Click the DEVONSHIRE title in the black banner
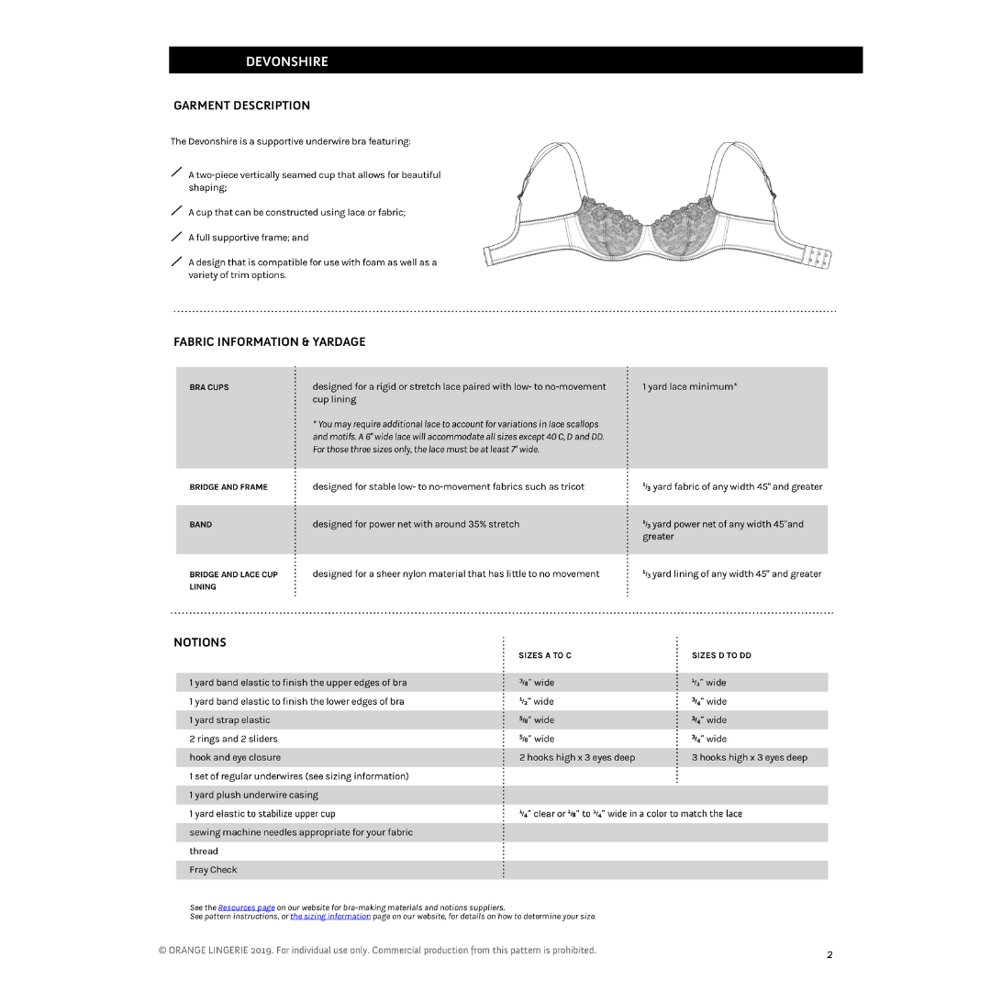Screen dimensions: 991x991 coord(286,61)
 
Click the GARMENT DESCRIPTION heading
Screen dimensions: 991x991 coord(241,106)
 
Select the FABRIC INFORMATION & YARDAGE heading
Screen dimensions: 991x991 coord(269,341)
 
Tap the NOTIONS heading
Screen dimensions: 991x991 coord(200,642)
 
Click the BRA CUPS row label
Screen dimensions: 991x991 coord(209,387)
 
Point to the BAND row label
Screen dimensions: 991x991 coord(200,525)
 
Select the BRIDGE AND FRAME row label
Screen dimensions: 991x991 coord(228,487)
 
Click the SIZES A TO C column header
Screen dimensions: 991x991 coord(544,655)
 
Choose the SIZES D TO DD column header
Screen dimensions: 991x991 coord(721,655)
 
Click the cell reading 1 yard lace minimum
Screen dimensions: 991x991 coord(689,387)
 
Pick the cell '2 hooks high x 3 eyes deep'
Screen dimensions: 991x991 coord(576,758)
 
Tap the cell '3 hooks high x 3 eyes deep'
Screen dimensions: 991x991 coord(749,758)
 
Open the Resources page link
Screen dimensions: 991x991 coord(246,907)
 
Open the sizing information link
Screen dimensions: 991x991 coord(330,916)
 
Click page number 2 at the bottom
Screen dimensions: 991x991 coord(830,955)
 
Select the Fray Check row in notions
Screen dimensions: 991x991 coord(213,870)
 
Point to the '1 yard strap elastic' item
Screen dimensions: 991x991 coord(229,720)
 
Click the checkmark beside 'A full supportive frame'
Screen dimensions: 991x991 coord(176,237)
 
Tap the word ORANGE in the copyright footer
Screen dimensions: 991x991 coord(190,951)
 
